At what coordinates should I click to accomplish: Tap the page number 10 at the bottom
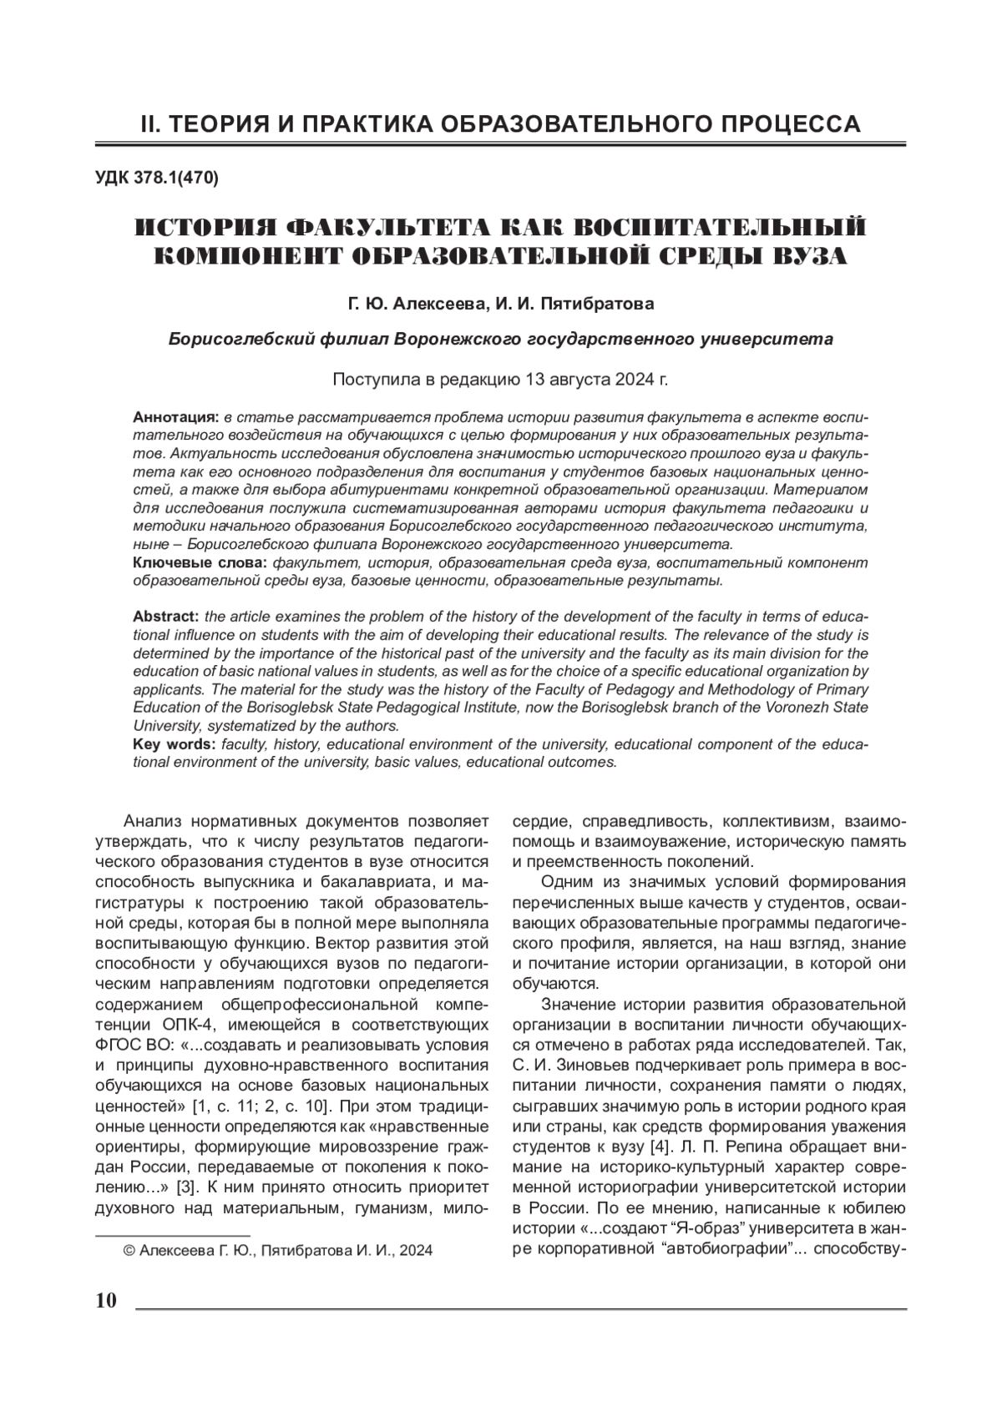(x=106, y=1301)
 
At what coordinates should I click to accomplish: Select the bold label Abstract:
(x=165, y=617)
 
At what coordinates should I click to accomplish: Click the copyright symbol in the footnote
(x=129, y=1251)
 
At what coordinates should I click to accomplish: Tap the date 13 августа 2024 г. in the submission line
(x=597, y=380)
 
